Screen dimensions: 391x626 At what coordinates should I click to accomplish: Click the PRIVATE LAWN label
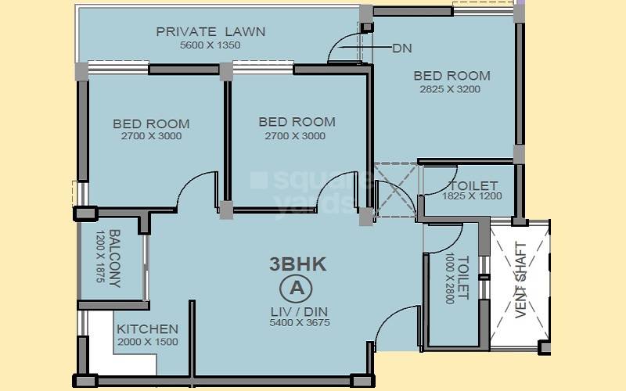210,32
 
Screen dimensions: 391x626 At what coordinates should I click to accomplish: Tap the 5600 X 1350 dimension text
210,45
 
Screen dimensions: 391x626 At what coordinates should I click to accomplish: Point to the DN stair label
401,48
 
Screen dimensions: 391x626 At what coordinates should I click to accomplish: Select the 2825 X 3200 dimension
450,89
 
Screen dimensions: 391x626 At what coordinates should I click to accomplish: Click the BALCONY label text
115,259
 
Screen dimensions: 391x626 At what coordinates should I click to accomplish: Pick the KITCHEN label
147,329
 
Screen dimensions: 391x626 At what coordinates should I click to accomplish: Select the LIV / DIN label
299,310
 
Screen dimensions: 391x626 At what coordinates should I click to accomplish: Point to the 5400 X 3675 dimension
299,322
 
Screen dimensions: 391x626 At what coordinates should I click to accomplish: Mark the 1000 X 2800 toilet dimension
448,280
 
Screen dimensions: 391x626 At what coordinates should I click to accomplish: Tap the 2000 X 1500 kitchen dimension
147,342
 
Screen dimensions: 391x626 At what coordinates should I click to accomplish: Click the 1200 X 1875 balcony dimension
100,259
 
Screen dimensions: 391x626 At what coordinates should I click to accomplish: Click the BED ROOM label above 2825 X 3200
452,76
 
